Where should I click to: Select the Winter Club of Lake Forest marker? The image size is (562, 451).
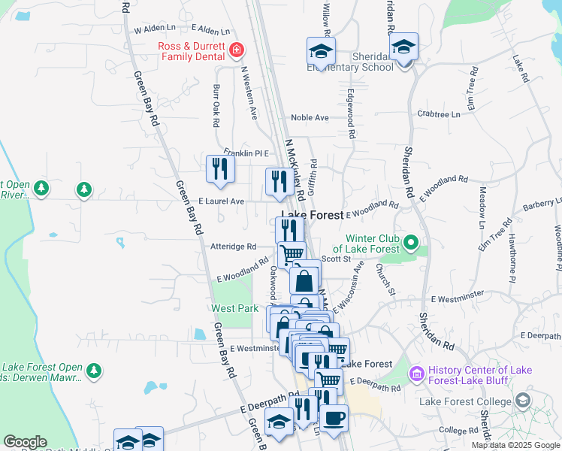coord(410,243)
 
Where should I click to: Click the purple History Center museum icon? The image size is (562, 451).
coord(415,373)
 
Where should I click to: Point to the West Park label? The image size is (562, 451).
coord(235,308)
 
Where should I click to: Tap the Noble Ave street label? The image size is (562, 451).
coord(310,118)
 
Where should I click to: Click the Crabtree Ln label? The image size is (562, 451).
coord(438,114)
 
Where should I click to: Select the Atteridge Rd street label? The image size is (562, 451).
coord(234,247)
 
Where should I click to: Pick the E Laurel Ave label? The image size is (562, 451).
coord(221,201)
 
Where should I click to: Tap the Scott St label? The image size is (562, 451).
coord(336,259)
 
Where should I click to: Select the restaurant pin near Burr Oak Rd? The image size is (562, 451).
coord(220,168)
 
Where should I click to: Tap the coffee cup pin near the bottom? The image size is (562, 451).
coord(334,418)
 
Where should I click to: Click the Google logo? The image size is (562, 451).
coord(25,442)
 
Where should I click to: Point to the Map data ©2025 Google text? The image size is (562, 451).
coord(515,445)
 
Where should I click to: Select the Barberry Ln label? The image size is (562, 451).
coord(542,203)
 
